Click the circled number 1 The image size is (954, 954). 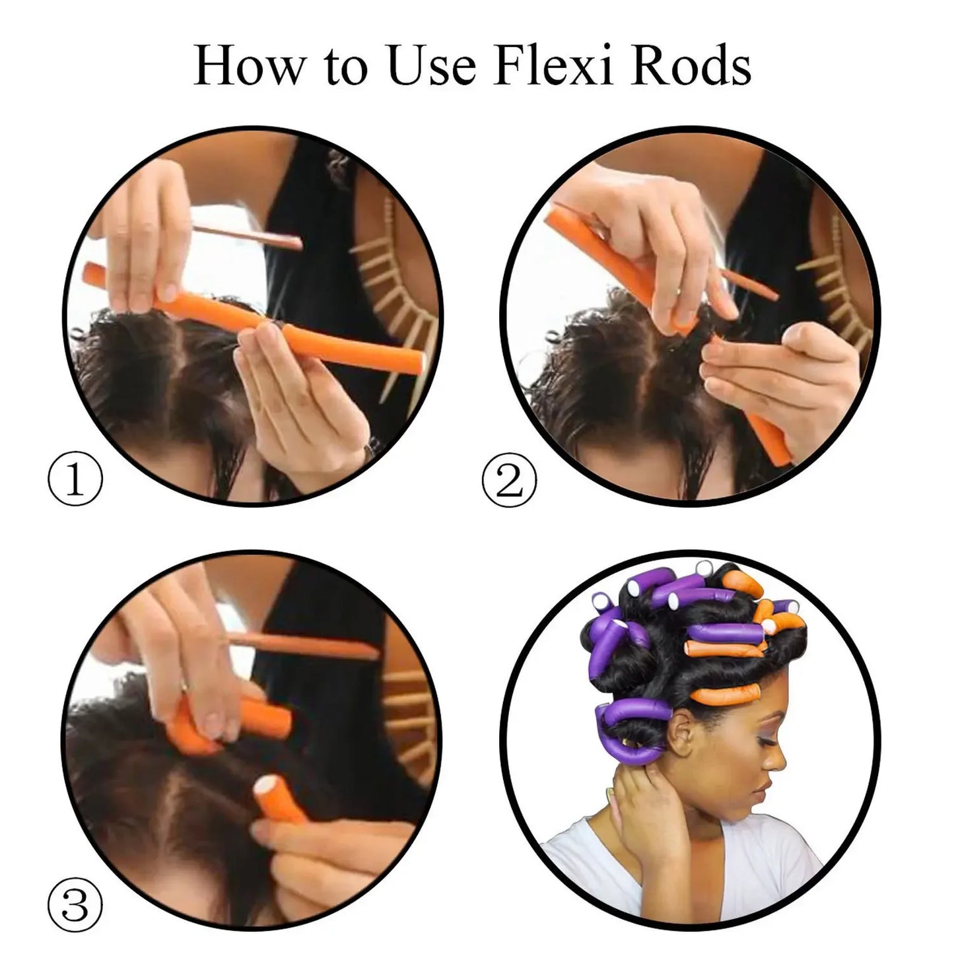click(x=75, y=479)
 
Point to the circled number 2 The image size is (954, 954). click(x=509, y=479)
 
